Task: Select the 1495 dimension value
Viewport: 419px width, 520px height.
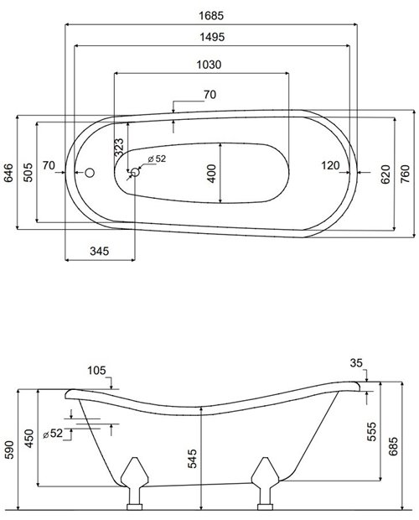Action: [211, 38]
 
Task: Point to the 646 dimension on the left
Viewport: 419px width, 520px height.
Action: [8, 174]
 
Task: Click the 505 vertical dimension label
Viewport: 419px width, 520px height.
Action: [28, 172]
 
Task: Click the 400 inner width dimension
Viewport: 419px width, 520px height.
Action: [211, 173]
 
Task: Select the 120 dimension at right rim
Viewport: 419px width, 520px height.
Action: [329, 166]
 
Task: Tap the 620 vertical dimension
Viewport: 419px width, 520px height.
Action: [385, 174]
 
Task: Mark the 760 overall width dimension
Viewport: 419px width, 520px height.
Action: [405, 174]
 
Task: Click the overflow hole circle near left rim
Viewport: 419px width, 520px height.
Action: [91, 172]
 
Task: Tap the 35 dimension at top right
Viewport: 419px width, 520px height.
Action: [357, 362]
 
